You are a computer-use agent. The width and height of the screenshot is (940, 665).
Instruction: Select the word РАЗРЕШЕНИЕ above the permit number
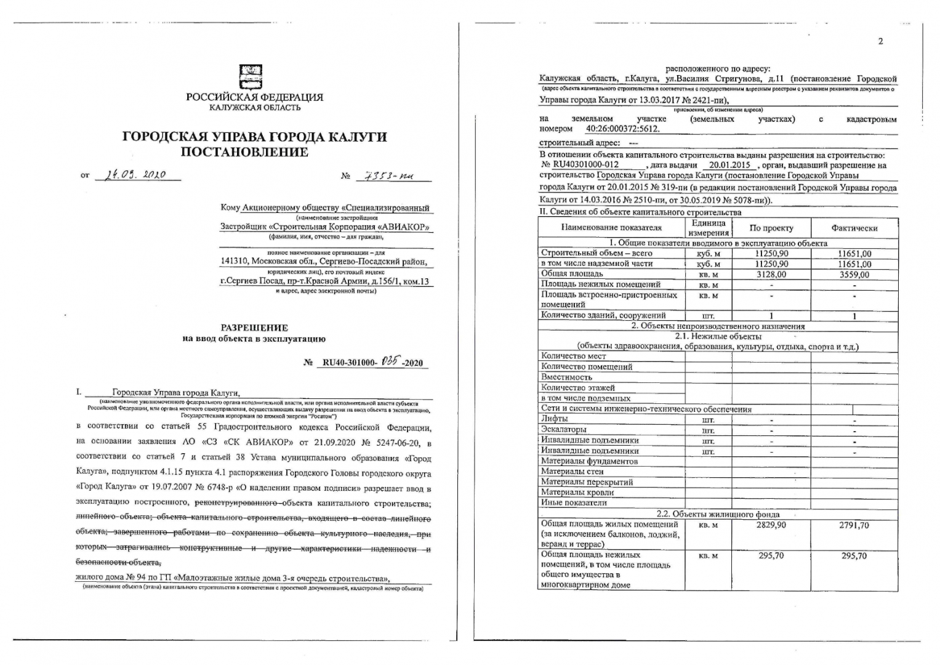tap(254, 328)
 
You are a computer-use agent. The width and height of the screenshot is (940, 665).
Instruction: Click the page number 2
tap(880, 41)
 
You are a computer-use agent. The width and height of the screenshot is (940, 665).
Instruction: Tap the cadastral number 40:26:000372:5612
tap(622, 129)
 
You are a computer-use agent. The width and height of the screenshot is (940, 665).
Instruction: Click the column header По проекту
tap(771, 228)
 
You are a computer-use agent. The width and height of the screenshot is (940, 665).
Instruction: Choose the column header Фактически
tap(854, 228)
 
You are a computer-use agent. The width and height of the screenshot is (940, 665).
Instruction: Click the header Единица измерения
tap(708, 228)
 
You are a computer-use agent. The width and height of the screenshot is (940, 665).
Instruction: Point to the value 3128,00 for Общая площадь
tap(771, 274)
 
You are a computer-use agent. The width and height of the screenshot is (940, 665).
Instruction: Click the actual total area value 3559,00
tap(854, 275)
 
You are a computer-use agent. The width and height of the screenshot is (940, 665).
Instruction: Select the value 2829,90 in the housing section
tap(771, 525)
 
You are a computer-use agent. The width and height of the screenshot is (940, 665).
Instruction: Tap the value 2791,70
tap(854, 525)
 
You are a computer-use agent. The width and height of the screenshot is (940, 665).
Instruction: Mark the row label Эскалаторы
tap(563, 429)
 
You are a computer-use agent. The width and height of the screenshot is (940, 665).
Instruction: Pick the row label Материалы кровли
tap(577, 493)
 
